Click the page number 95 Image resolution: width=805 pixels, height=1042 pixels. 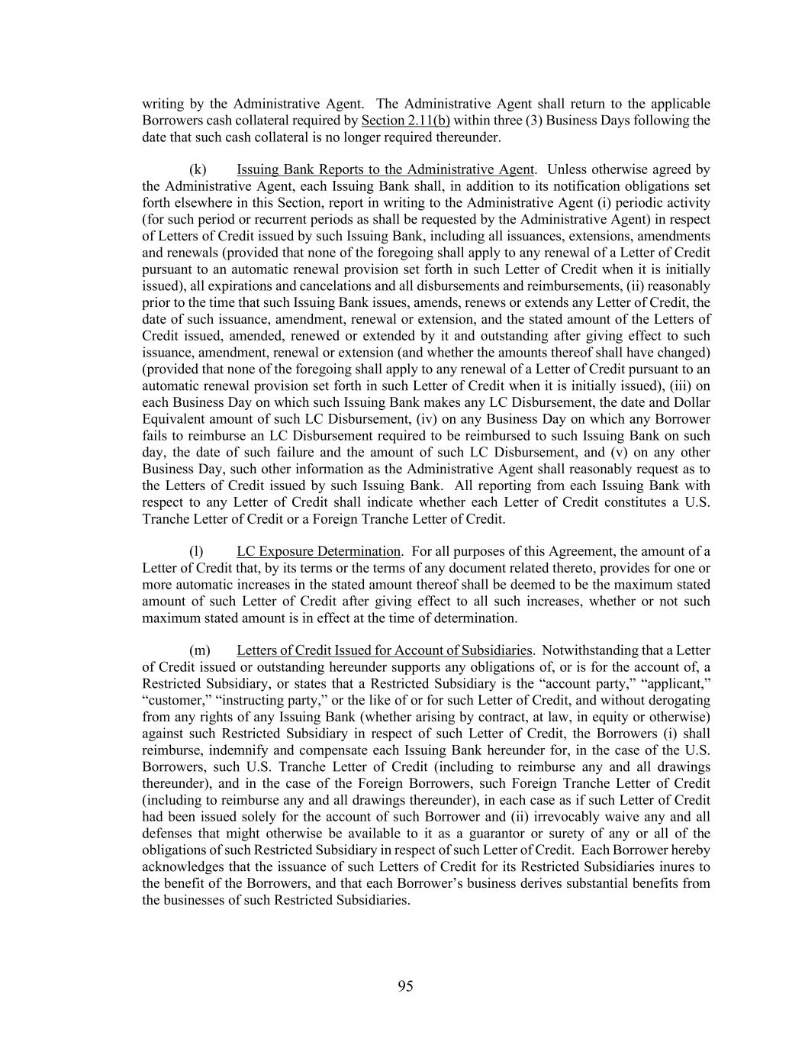click(405, 986)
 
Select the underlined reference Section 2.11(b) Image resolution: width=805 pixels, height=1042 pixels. click(406, 121)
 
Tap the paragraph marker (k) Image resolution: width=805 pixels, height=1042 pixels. click(198, 169)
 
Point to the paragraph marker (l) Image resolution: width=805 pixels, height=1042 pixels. click(196, 551)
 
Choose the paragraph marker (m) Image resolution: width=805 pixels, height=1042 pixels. click(199, 650)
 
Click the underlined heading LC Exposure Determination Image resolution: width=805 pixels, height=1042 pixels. click(318, 551)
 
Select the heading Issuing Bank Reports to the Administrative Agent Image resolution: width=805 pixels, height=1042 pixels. click(385, 169)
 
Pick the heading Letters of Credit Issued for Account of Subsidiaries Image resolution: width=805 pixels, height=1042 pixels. click(384, 650)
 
